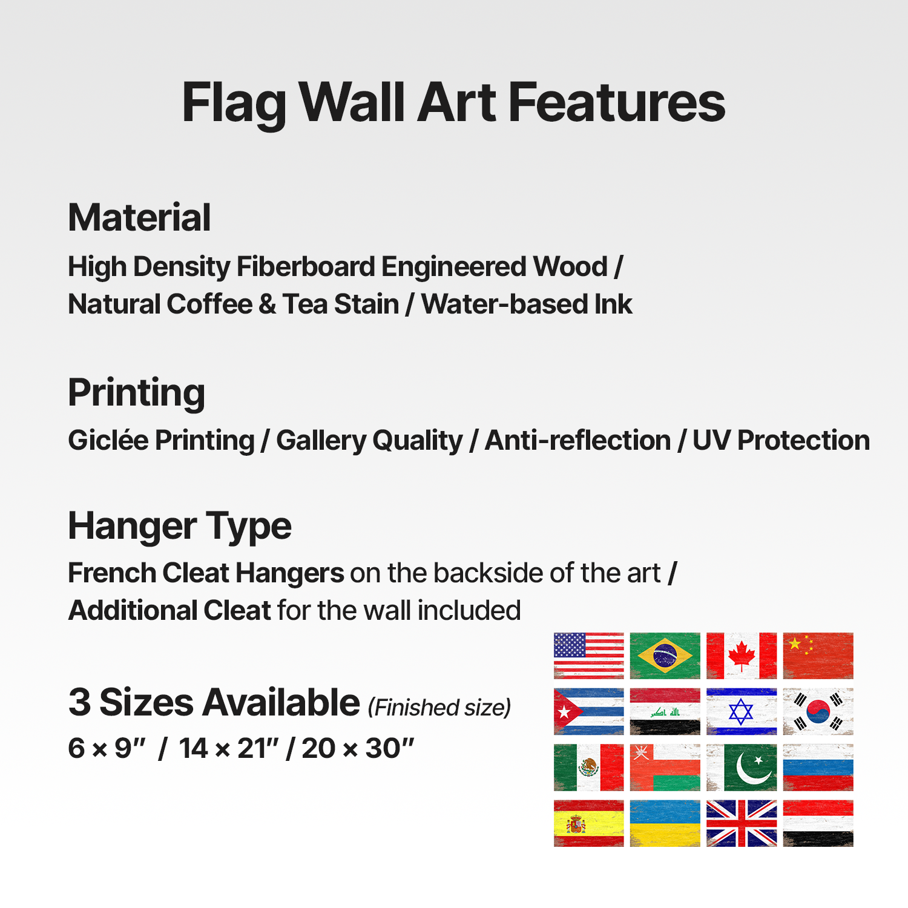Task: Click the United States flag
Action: coord(588,656)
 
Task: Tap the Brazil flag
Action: coord(665,656)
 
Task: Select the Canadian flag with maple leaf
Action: coord(742,656)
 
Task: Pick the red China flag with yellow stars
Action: coord(818,656)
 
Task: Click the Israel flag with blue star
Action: coord(742,711)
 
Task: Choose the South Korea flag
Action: coord(818,711)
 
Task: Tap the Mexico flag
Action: coord(588,768)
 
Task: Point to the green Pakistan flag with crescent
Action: coord(742,768)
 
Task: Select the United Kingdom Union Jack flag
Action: coord(742,823)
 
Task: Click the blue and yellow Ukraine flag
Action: coord(665,823)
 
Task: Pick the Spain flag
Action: coord(588,823)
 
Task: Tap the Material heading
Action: coord(139,217)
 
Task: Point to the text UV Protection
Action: coord(781,440)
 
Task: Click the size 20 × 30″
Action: coord(358,748)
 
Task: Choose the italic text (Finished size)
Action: coord(439,707)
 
